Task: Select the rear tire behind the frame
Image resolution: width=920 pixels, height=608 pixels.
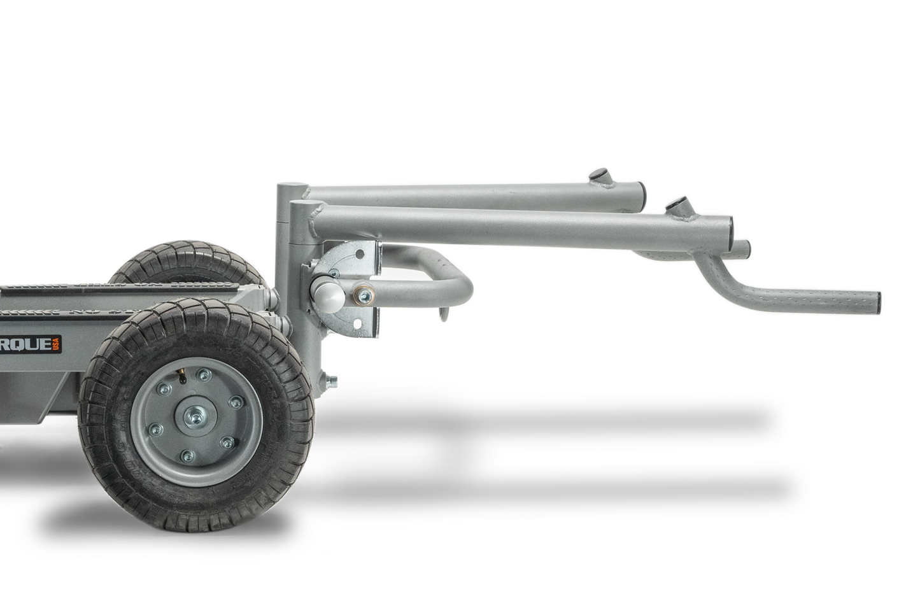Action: coord(185,261)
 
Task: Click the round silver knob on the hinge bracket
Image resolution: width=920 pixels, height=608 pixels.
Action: coord(327,295)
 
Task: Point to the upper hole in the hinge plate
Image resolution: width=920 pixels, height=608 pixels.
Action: coord(360,254)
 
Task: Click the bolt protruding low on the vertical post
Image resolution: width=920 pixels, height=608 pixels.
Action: coord(331,382)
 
